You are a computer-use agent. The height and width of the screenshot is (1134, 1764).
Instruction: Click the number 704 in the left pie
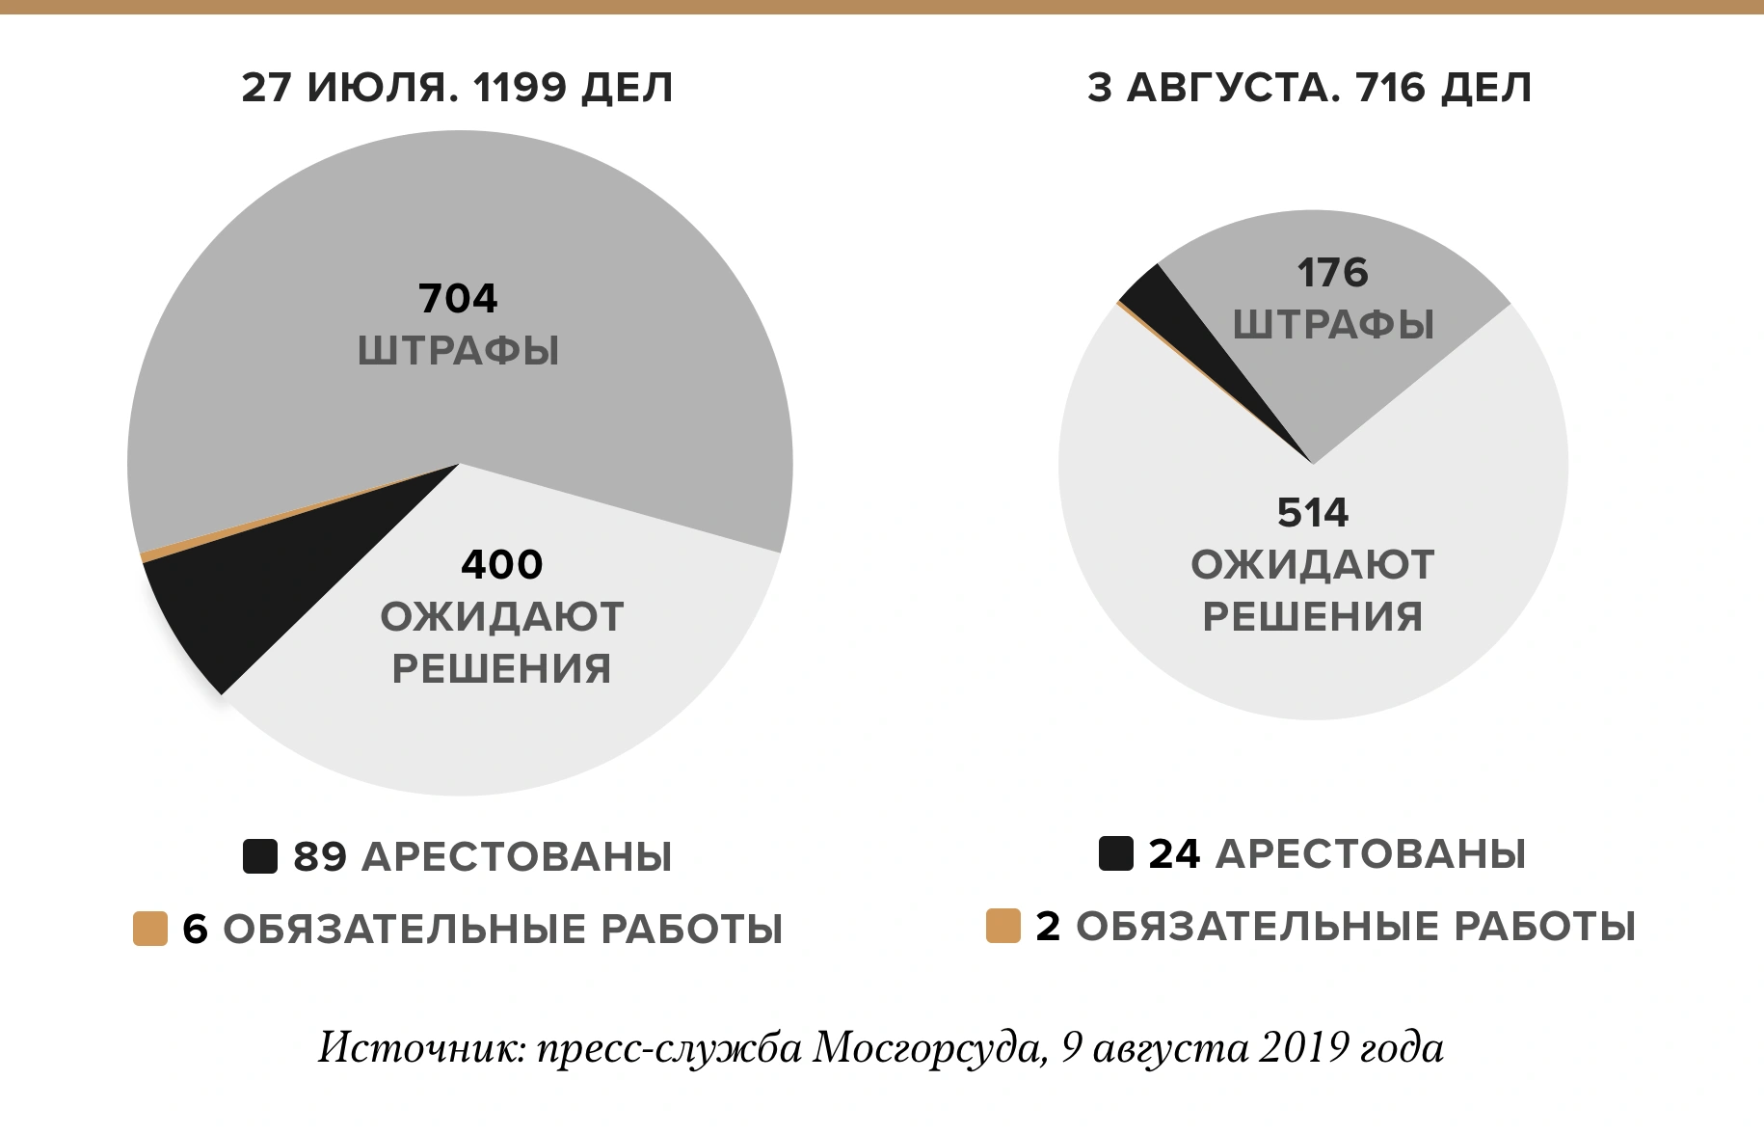[x=458, y=299]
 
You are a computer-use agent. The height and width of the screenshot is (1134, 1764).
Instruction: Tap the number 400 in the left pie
[x=501, y=564]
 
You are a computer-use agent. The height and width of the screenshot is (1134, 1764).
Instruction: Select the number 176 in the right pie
[x=1332, y=273]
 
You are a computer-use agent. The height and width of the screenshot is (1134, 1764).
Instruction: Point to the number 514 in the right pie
[x=1312, y=512]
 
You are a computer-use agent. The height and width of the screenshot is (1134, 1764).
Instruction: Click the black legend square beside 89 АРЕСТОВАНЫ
[x=260, y=856]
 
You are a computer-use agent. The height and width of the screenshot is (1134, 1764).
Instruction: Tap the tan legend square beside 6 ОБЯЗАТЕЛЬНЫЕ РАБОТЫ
[x=150, y=929]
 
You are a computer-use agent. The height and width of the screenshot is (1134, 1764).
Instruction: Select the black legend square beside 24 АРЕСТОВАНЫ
[x=1115, y=853]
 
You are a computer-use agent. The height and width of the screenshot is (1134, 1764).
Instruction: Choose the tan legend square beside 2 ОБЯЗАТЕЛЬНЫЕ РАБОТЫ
[x=1003, y=926]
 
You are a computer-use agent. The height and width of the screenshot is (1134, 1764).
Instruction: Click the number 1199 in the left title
[x=520, y=88]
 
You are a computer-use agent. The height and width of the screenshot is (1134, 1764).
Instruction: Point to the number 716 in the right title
[x=1390, y=88]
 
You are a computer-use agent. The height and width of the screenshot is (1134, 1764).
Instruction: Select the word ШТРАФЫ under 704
[x=458, y=350]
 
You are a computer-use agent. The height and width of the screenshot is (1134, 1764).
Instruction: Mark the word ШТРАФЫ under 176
[x=1333, y=325]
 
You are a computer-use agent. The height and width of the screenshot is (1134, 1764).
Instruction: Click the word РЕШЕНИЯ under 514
[x=1312, y=616]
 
